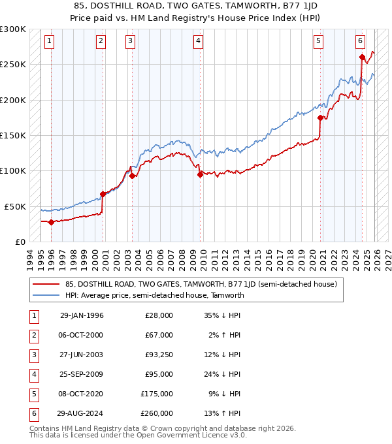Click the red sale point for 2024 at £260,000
pos(362,57)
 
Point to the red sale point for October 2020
pos(320,118)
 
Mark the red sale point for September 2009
pos(200,174)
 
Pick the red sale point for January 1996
pos(51,222)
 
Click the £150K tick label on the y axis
pos(13,136)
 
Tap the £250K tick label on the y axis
pos(13,65)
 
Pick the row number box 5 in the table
pos(32,394)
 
